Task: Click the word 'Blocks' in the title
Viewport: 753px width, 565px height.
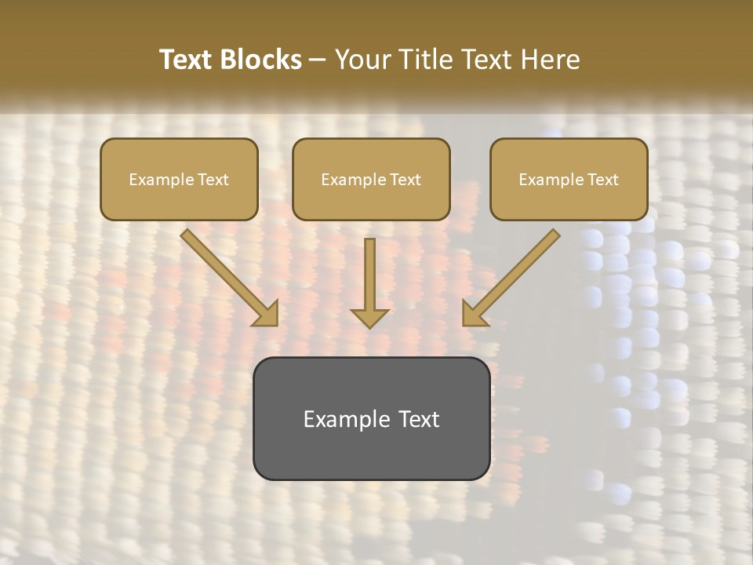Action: coord(263,60)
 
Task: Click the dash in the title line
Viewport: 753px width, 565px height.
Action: coord(318,60)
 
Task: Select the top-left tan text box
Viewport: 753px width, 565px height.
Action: coord(179,179)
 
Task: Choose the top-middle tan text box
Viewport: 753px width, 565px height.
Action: coord(371,179)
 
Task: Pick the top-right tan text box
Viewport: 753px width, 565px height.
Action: coord(569,179)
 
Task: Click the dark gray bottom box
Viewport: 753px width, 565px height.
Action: coord(371,418)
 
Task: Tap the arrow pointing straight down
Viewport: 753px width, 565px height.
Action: coord(369,282)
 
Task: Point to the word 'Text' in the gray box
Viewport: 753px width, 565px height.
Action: coord(419,419)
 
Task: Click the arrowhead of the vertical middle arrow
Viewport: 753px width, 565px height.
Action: coord(369,318)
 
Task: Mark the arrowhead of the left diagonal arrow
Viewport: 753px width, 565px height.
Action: coord(267,315)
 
